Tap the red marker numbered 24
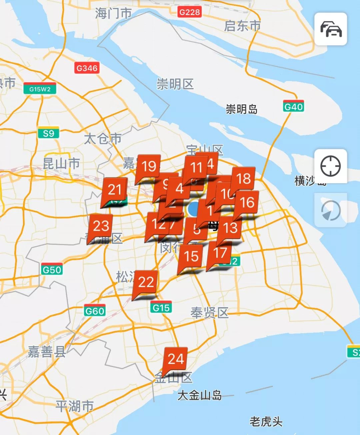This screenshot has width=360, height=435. point(176,359)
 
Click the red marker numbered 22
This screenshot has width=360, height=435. point(146,282)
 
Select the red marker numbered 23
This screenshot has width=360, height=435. point(101,226)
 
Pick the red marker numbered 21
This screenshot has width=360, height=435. point(115,189)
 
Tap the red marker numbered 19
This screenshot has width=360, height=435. point(149,166)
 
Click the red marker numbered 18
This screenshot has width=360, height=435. point(243,179)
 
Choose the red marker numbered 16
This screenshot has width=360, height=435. point(247,202)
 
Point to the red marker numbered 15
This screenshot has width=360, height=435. point(191,256)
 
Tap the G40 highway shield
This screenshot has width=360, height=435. point(293,107)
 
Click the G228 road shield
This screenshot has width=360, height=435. point(189,12)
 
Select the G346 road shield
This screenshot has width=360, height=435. point(87,68)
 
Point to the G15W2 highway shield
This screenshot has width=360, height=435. point(40,89)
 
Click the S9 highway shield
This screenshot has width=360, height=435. point(48,133)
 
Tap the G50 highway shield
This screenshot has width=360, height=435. point(52,270)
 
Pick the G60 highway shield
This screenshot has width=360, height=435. point(95,311)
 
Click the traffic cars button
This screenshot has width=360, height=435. point(331,29)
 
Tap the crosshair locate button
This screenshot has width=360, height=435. point(330,166)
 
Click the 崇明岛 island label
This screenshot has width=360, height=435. point(242,109)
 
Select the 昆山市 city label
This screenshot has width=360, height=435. point(61,163)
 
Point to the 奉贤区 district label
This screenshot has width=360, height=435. point(209,313)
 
